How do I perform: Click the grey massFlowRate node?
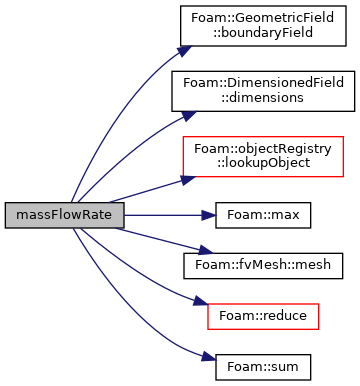coord(64,215)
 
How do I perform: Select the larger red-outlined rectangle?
coord(263,157)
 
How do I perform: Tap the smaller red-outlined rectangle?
coord(263,316)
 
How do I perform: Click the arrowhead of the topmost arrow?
coord(184,51)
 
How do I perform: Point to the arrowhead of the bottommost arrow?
coord(208,356)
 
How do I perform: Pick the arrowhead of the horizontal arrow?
coord(208,215)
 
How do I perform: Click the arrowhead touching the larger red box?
coord(187,179)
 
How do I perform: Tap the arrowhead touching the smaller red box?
coord(200,300)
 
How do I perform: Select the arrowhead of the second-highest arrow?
coord(189,116)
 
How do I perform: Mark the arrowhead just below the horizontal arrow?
coord(206,250)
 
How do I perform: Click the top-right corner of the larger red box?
coord(343,137)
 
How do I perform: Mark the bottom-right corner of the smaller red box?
coord(319,328)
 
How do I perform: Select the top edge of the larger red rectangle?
coord(263,137)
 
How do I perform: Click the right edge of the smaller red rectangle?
coord(319,316)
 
